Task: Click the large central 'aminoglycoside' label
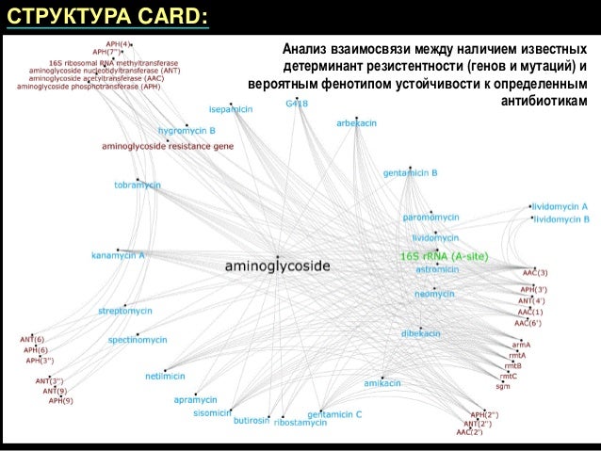click(x=277, y=266)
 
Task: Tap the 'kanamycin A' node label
click(x=118, y=255)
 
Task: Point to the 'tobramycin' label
click(x=138, y=185)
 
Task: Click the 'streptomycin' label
click(x=126, y=310)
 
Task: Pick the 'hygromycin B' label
click(x=187, y=130)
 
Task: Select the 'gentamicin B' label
click(x=411, y=173)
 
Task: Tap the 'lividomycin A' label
click(x=560, y=205)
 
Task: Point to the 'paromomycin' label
click(x=430, y=217)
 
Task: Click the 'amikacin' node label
click(x=383, y=383)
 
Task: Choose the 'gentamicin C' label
click(x=334, y=414)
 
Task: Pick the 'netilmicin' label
click(x=165, y=376)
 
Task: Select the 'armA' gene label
click(x=522, y=346)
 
